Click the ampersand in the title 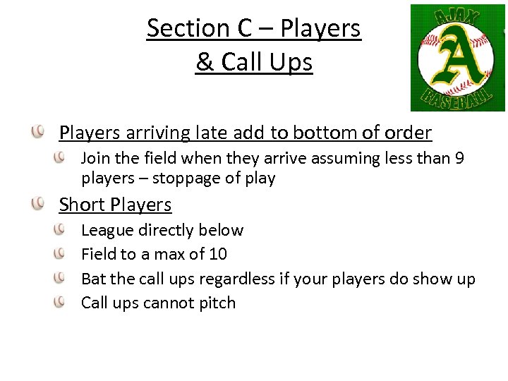[205, 62]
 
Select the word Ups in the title [291, 64]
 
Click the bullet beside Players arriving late [40, 132]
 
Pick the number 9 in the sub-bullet [459, 158]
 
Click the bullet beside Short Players [40, 205]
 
